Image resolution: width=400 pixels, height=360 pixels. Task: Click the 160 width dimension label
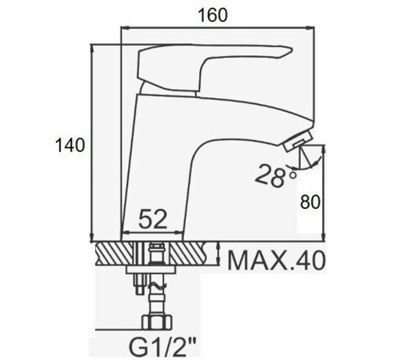pos(213,15)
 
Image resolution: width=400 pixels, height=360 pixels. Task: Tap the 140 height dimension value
pos(70,146)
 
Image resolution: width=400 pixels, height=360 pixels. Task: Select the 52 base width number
pos(153,219)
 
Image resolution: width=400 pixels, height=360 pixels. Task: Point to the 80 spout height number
pos(310,202)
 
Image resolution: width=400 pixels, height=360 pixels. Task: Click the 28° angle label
pos(275,175)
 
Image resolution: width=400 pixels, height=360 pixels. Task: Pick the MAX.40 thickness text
pos(277,261)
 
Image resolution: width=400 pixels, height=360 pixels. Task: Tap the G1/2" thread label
pos(162,347)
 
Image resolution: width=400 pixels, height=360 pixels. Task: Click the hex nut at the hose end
pos(157,322)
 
